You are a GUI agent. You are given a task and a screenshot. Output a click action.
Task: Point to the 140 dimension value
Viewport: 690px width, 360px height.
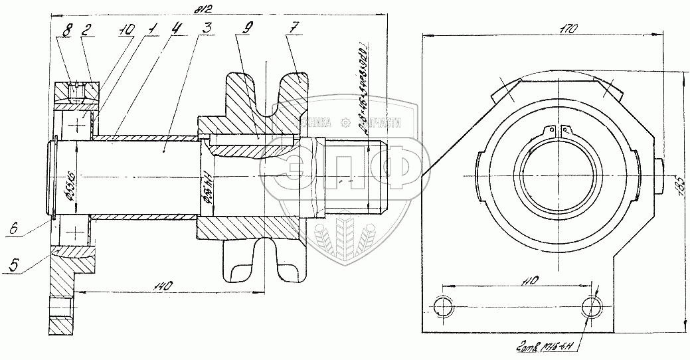point(163,286)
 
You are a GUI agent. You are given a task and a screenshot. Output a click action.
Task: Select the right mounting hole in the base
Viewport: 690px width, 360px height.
point(590,306)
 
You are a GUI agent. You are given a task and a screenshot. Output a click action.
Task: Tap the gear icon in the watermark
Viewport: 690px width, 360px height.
point(345,122)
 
